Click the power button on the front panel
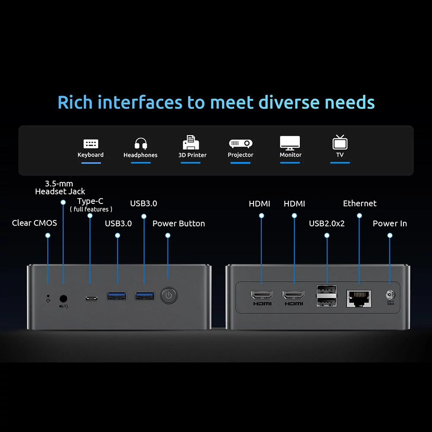click(x=168, y=295)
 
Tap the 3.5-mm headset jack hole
click(x=64, y=299)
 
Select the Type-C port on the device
click(x=91, y=299)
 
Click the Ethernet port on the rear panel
click(x=359, y=299)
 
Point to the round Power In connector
click(x=390, y=295)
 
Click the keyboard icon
click(x=91, y=144)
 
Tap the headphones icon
click(x=141, y=143)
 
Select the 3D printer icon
click(x=191, y=143)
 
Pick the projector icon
click(x=241, y=143)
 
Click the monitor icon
click(x=290, y=143)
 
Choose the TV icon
click(x=340, y=142)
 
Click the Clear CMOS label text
click(x=35, y=223)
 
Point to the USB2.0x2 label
click(x=327, y=223)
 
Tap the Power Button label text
click(x=178, y=223)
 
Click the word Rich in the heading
click(x=75, y=102)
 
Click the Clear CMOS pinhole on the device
click(x=48, y=296)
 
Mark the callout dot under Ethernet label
click(x=359, y=216)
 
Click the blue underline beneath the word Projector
click(x=240, y=163)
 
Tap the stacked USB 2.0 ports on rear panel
click(x=327, y=296)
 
